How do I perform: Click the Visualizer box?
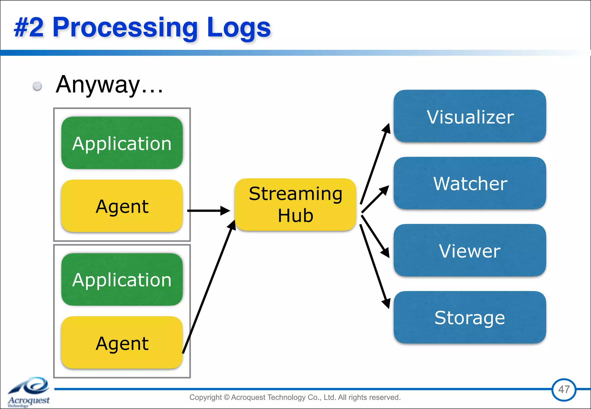470,116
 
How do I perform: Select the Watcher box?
470,183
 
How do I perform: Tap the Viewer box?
470,250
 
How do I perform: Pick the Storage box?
470,317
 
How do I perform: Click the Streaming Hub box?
295,204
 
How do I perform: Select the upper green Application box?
122,143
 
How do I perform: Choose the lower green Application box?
122,279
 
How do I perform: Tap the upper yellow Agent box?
122,206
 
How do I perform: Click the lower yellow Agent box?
122,343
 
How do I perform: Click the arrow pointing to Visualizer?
375,164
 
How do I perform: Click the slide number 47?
564,389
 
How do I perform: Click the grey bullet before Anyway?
37,86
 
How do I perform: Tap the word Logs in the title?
239,28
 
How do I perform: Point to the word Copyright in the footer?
205,397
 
